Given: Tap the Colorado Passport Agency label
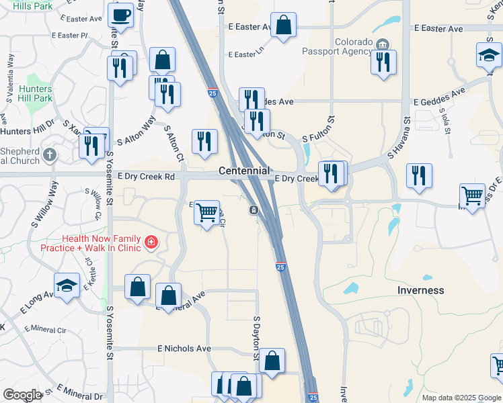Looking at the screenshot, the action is [345, 46].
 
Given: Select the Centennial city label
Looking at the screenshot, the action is [244, 171].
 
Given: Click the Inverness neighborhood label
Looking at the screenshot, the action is [420, 290].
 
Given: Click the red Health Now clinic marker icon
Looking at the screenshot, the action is [152, 242].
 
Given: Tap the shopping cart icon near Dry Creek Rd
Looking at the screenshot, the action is [207, 212].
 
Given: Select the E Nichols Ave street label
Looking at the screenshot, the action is [184, 349].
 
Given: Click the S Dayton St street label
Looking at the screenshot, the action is [256, 333].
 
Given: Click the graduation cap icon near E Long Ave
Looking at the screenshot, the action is [67, 285].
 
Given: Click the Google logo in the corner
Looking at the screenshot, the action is [22, 395].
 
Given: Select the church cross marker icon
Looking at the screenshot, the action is [49, 156].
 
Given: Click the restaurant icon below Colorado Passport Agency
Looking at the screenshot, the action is [383, 62].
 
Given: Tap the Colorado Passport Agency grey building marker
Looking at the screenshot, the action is [383, 44].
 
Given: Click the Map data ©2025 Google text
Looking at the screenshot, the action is [461, 398].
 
